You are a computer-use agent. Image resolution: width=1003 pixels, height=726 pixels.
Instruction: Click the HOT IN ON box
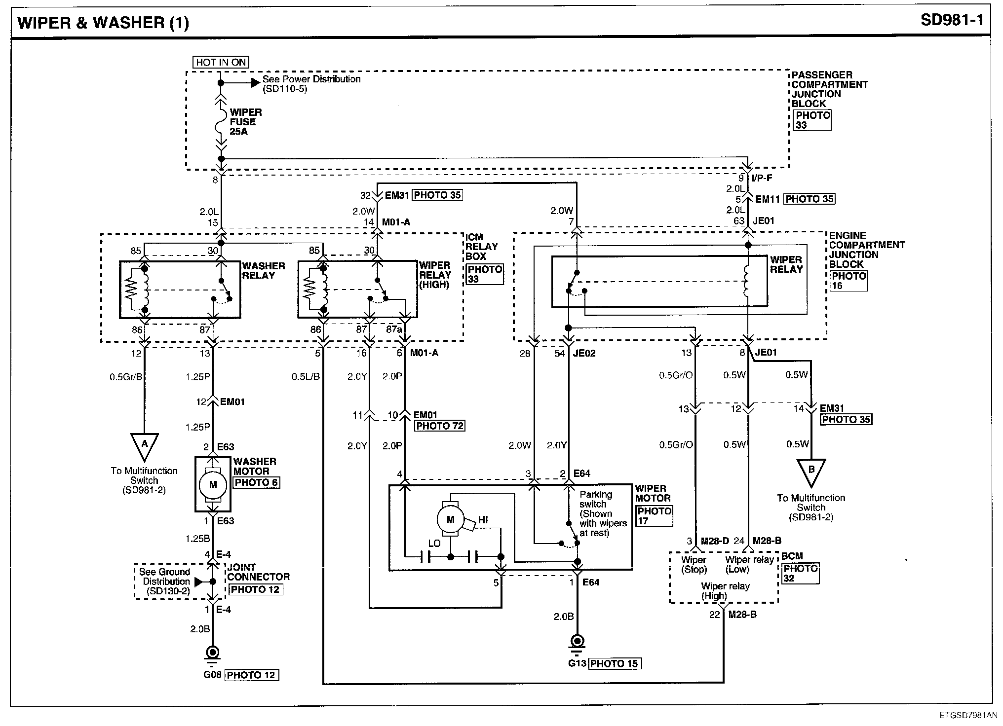point(220,62)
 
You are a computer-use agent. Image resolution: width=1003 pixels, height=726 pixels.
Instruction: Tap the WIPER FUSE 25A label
point(245,122)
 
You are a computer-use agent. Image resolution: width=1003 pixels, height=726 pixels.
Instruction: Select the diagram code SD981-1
point(952,20)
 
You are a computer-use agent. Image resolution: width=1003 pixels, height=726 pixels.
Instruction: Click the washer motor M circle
point(213,485)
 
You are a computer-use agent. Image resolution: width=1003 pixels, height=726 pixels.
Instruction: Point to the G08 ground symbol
point(213,653)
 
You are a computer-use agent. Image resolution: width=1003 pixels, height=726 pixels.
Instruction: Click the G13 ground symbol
point(577,642)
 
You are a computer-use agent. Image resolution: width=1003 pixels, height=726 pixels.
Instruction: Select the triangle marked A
point(144,446)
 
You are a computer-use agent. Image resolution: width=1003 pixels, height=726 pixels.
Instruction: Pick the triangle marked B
point(811,472)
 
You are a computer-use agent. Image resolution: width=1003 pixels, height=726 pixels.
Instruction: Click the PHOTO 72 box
point(439,426)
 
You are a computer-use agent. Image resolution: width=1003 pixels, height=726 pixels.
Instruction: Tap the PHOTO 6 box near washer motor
point(256,482)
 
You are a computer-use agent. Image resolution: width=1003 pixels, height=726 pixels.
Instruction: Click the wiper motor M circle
point(450,519)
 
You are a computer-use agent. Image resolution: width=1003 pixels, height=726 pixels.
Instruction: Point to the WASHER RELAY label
point(263,271)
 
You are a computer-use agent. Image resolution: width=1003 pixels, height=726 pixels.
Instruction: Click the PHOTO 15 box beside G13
point(614,663)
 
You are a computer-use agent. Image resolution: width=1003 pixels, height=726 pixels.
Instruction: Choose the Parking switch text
point(596,499)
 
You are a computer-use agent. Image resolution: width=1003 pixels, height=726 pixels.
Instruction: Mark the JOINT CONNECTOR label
point(258,572)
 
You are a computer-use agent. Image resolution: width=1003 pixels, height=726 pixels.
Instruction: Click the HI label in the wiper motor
point(483,520)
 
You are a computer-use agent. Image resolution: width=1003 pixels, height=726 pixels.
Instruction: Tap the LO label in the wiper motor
point(434,544)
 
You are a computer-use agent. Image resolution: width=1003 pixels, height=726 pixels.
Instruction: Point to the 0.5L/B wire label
point(306,377)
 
